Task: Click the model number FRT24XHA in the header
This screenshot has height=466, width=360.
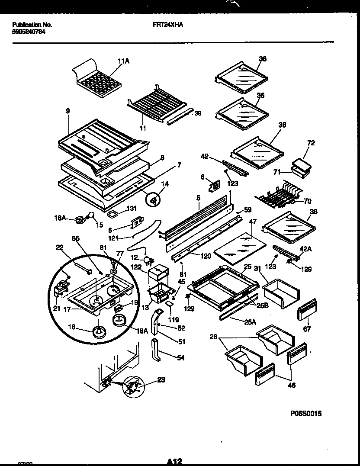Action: click(x=168, y=25)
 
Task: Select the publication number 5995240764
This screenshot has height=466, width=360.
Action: click(x=28, y=32)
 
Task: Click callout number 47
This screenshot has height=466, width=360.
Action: click(x=253, y=222)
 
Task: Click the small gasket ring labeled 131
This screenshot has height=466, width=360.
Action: click(x=113, y=214)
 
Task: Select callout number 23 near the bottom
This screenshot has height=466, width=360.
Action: click(x=161, y=381)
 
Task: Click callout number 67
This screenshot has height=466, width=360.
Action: click(x=308, y=329)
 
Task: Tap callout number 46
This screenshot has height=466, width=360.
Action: click(x=292, y=385)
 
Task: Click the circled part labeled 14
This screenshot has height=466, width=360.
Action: click(x=154, y=199)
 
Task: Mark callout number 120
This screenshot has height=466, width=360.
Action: click(x=206, y=256)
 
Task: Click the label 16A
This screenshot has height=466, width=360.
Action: click(x=61, y=219)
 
